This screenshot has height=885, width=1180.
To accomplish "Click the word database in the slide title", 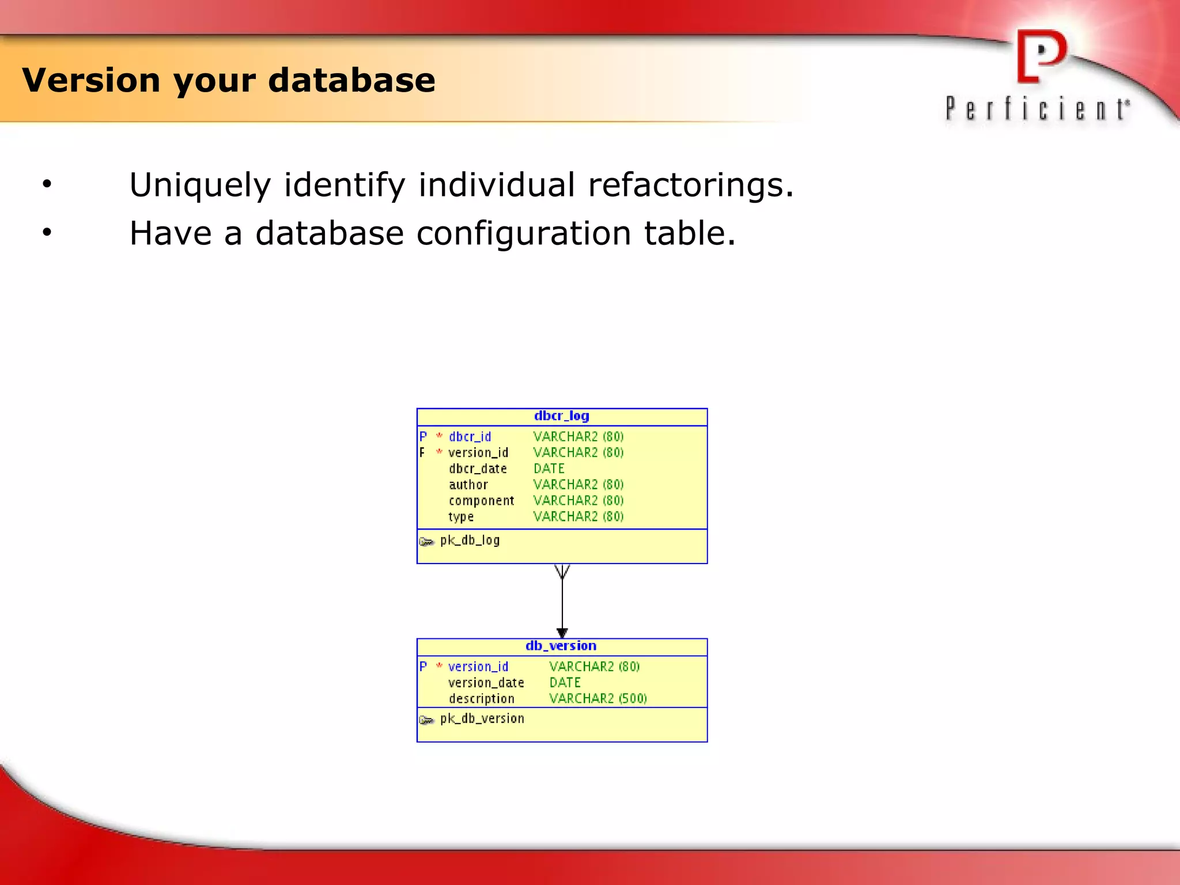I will (x=351, y=80).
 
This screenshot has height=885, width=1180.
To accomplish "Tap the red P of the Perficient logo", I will (x=1040, y=56).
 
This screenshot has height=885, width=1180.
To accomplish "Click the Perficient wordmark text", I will (x=1037, y=109).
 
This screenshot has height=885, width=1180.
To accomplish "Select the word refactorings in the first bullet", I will (x=690, y=186).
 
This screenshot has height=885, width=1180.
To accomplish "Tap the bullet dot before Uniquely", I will (x=47, y=184).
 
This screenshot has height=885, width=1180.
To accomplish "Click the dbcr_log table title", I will (x=561, y=416).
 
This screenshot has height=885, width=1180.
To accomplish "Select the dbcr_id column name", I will (x=470, y=437).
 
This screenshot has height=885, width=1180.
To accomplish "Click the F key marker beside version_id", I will (x=422, y=453).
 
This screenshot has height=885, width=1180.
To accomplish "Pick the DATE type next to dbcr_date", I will (x=549, y=468).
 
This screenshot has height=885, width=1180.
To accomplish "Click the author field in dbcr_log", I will (x=468, y=485).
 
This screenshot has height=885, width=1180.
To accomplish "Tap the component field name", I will (x=481, y=501).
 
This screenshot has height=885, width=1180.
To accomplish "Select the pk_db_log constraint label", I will (x=470, y=540).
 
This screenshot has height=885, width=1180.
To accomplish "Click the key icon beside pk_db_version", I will (x=426, y=720).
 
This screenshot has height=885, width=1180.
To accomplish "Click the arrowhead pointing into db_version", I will (x=562, y=633).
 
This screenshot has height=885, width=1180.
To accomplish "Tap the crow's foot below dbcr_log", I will (x=562, y=572).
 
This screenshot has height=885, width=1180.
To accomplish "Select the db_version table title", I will (x=561, y=646).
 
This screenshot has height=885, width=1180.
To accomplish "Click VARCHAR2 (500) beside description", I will (x=597, y=698).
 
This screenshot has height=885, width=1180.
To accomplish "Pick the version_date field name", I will (x=486, y=683).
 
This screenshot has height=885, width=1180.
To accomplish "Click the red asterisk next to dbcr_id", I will (x=439, y=436).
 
